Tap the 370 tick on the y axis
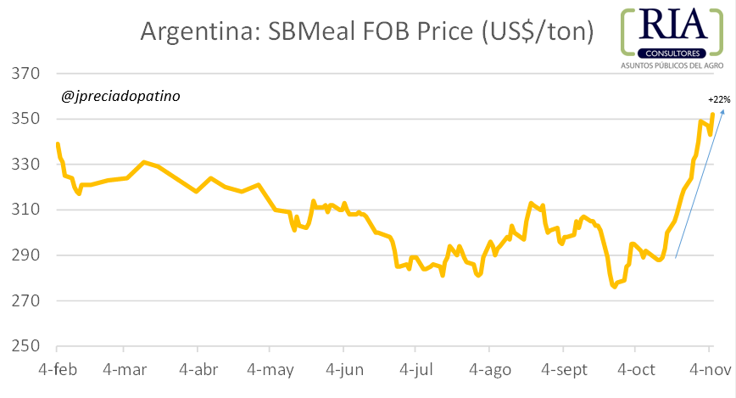pyautogui.click(x=25, y=74)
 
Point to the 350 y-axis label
pyautogui.click(x=25, y=119)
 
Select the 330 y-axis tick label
pyautogui.click(x=25, y=165)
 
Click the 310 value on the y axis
pyautogui.click(x=25, y=210)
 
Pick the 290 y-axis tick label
pyautogui.click(x=25, y=255)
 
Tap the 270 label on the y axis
pyautogui.click(x=25, y=301)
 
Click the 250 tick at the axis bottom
pyautogui.click(x=25, y=346)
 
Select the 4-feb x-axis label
pyautogui.click(x=57, y=372)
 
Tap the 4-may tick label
pyautogui.click(x=270, y=372)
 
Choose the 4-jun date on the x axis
pyautogui.click(x=343, y=372)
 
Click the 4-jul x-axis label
pyautogui.click(x=415, y=372)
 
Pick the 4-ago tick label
pyautogui.click(x=488, y=372)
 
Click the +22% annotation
pyautogui.click(x=719, y=99)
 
